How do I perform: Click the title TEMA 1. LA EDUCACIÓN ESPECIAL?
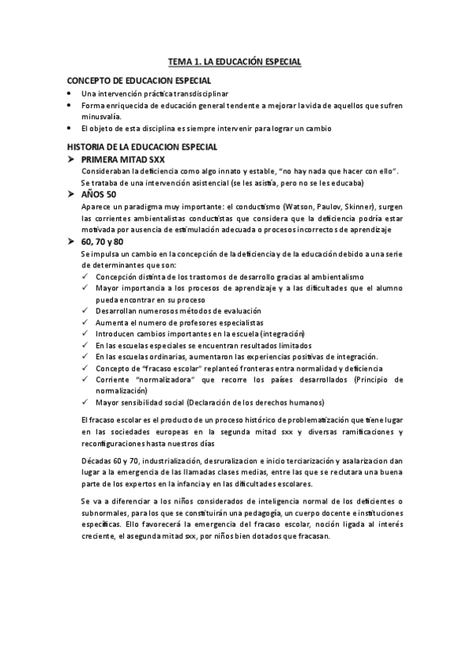(x=235, y=60)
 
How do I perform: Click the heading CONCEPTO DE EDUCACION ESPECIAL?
(x=139, y=81)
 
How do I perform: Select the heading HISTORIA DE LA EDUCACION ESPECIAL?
(x=143, y=147)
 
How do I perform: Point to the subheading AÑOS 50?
(x=99, y=194)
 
